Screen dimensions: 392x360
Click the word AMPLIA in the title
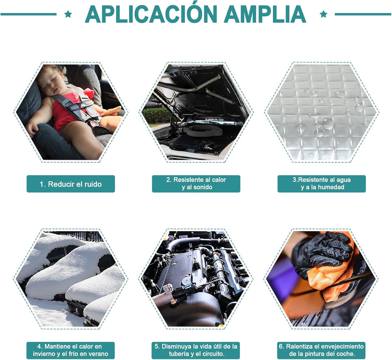point(265,15)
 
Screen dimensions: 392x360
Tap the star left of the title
point(68,14)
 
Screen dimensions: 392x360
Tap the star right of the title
point(323,14)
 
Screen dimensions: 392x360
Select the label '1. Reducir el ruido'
point(71,184)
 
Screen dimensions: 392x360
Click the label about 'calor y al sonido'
point(196,184)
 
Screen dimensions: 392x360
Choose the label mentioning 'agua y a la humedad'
point(322,184)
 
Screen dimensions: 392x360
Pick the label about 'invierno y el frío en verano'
point(70,350)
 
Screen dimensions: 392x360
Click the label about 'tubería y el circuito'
point(196,350)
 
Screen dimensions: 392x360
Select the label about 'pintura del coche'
point(321,350)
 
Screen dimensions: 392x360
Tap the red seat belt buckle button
point(94,124)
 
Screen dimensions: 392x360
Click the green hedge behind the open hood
point(156,116)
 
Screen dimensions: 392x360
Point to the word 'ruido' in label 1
point(93,185)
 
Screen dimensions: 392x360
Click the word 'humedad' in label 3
point(331,187)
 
